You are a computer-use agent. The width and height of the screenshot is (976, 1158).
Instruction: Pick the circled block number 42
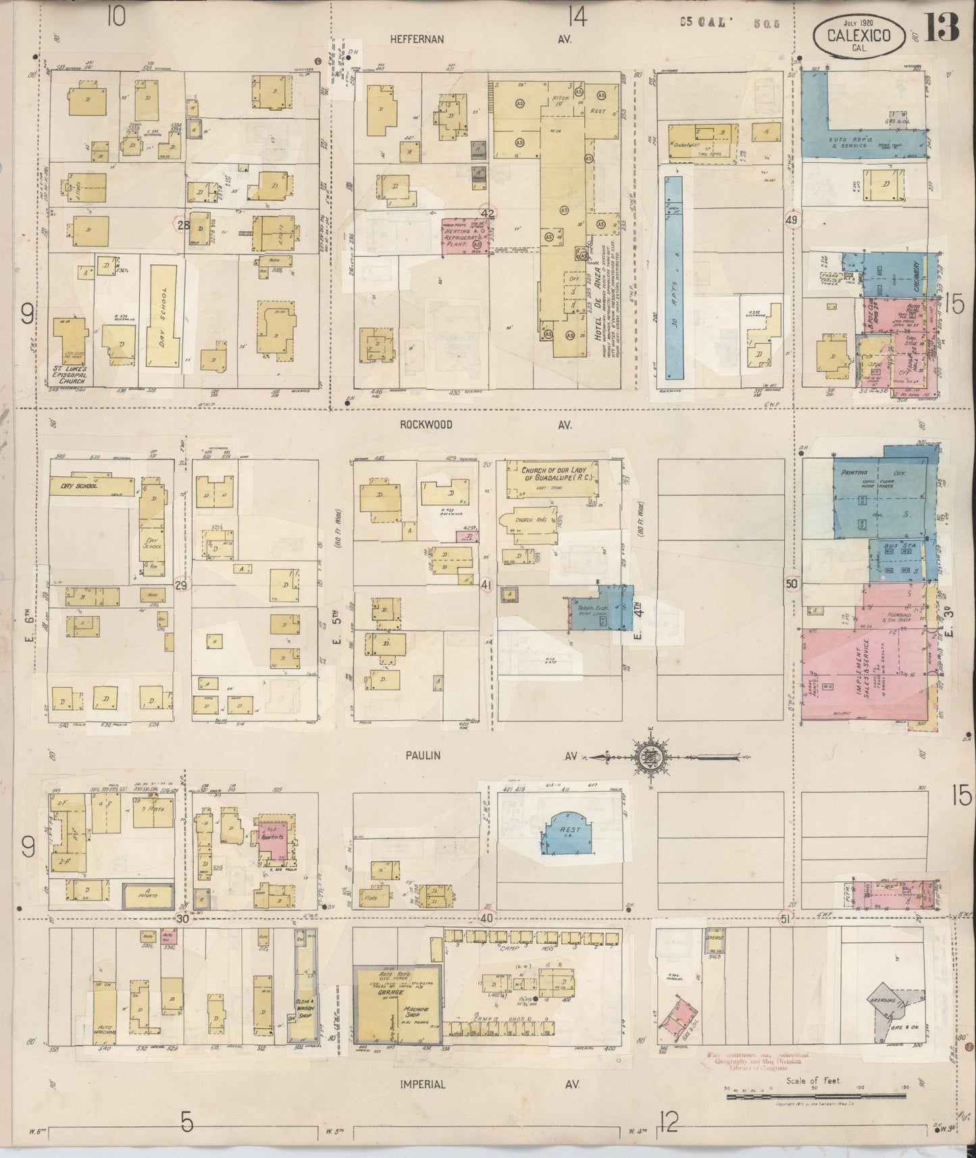488,214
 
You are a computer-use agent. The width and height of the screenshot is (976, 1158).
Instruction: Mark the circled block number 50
792,583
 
